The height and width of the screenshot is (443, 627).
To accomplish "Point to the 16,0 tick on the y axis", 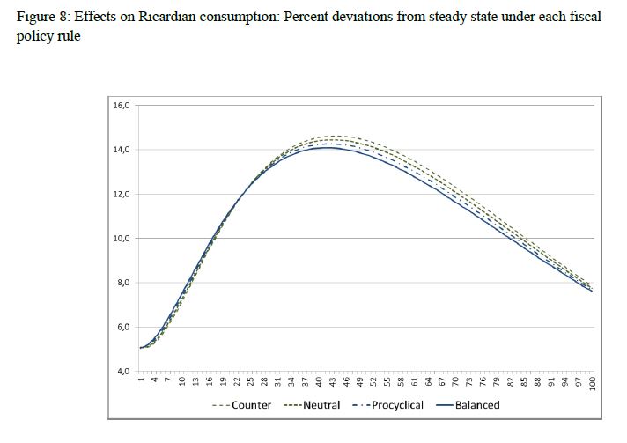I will click(122, 105).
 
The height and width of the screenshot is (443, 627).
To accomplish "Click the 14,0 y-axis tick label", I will click(122, 150).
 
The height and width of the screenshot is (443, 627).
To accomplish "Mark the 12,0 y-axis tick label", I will click(122, 194).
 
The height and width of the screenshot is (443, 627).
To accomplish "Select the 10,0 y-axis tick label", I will click(122, 239).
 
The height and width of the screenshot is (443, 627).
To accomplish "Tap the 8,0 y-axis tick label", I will click(123, 283).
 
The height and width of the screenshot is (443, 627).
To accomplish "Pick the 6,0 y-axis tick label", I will click(123, 328).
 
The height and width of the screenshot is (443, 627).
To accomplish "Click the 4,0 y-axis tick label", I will click(123, 372).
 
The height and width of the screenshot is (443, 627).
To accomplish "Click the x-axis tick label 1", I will click(141, 380).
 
